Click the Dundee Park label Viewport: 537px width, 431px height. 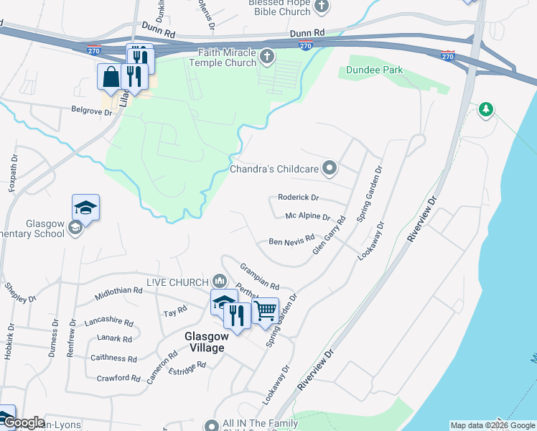tap(374, 70)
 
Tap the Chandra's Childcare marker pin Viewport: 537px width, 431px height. tap(330, 169)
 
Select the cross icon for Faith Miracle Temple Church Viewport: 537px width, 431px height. tap(267, 56)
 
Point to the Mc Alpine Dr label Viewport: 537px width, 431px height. tap(307, 216)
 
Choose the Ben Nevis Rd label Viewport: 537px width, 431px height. tap(291, 241)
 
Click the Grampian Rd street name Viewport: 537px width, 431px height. tap(259, 276)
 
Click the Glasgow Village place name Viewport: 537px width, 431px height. tap(205, 341)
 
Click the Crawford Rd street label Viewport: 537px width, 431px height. tap(116, 378)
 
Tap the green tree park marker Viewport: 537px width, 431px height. tap(486, 110)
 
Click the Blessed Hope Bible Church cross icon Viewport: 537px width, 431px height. tap(322, 6)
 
